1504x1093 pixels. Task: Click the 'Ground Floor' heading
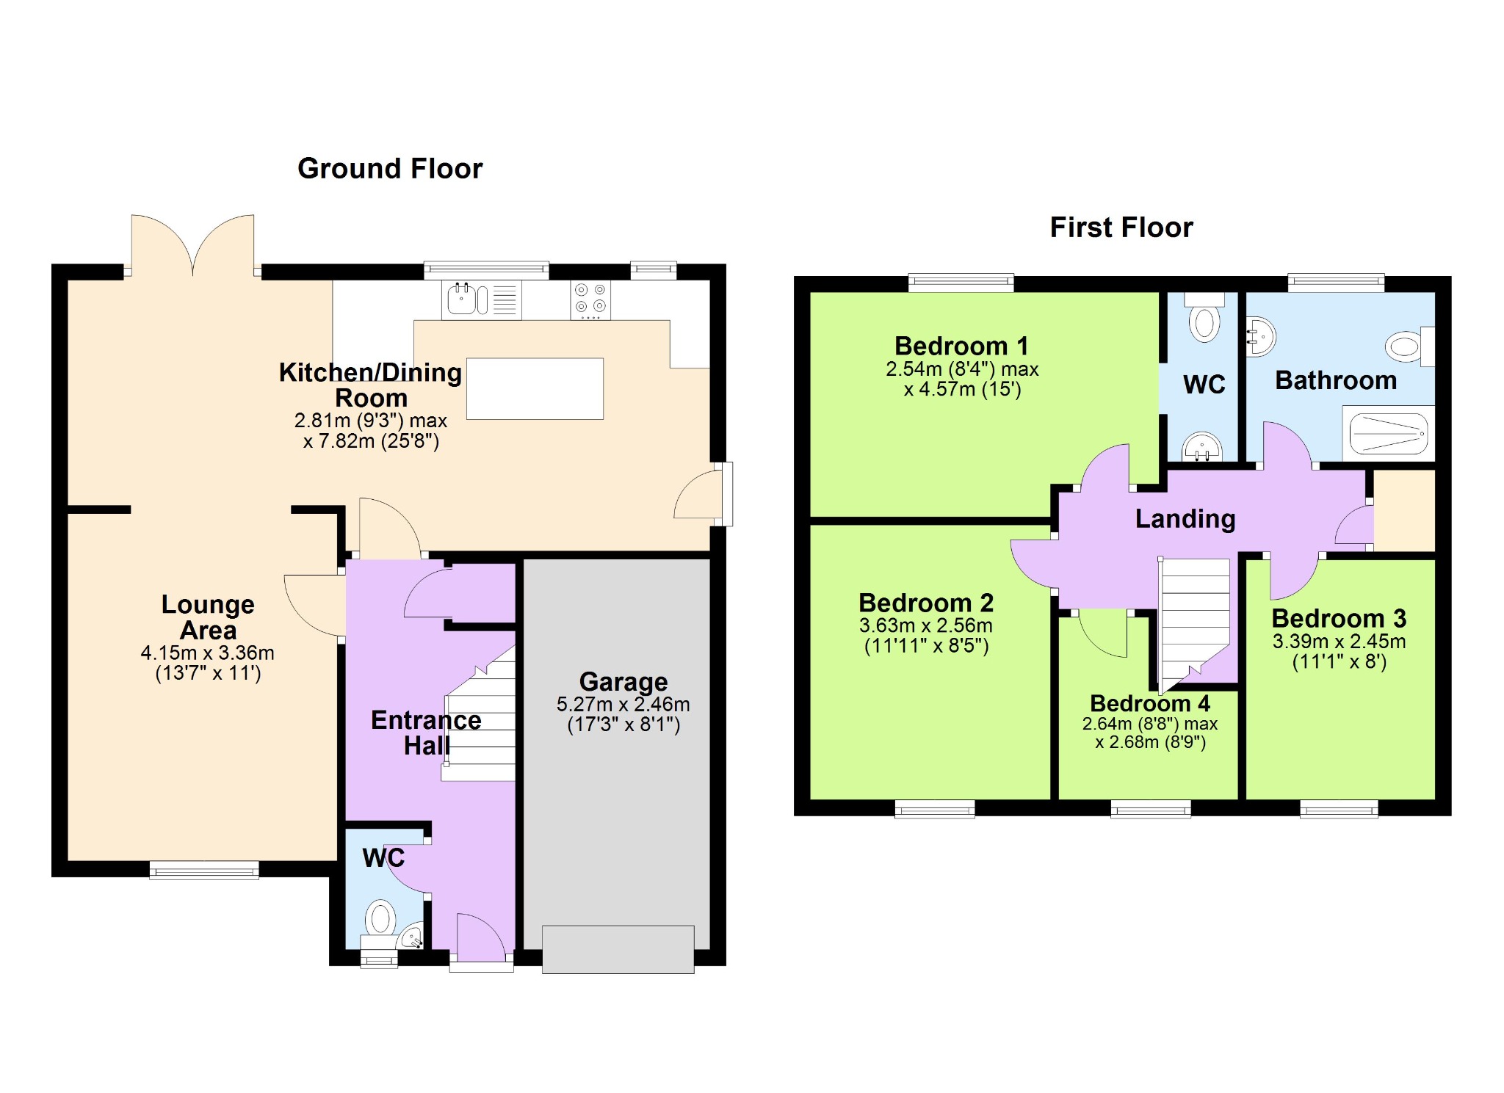pyautogui.click(x=390, y=169)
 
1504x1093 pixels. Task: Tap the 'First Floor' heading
pyautogui.click(x=1121, y=228)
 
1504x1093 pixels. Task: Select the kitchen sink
pyautogui.click(x=481, y=299)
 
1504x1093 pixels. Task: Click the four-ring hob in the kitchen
pyautogui.click(x=590, y=299)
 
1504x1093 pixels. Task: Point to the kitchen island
pyautogui.click(x=535, y=388)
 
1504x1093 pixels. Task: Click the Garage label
pyautogui.click(x=623, y=682)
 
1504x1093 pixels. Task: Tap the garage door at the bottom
pyautogui.click(x=618, y=950)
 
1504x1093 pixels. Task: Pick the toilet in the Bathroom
pyautogui.click(x=1410, y=346)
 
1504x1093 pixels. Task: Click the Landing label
pyautogui.click(x=1185, y=519)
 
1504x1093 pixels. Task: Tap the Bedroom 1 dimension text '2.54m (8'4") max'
pyautogui.click(x=962, y=369)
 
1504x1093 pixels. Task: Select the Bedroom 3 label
pyautogui.click(x=1339, y=618)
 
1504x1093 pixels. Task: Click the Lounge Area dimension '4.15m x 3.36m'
pyautogui.click(x=208, y=653)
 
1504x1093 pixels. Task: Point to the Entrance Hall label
pyautogui.click(x=426, y=733)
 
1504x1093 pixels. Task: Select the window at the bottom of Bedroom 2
pyautogui.click(x=935, y=809)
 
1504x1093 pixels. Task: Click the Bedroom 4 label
pyautogui.click(x=1150, y=703)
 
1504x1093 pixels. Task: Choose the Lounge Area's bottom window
pyautogui.click(x=204, y=870)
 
